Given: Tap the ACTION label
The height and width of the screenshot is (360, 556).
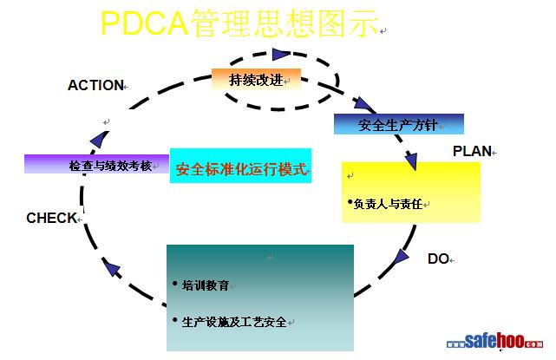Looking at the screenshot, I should (95, 85).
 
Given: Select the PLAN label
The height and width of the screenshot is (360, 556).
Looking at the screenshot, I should (472, 151).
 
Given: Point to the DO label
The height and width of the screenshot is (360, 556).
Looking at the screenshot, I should (438, 259).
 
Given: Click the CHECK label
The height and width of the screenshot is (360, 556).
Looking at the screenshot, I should (51, 218).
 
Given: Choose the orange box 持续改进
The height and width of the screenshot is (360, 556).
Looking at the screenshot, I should (256, 80).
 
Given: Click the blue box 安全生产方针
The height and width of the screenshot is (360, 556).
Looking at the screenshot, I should (398, 124).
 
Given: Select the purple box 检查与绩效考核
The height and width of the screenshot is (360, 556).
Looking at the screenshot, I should (96, 164).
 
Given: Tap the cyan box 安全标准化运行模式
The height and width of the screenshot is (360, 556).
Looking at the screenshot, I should (241, 169).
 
